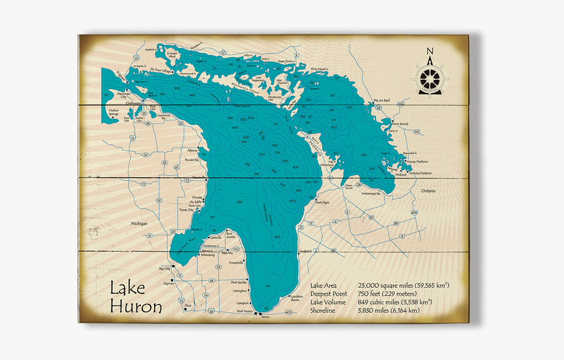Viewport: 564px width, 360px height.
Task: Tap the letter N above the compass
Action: click(430, 52)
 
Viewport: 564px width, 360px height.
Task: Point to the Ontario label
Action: click(428, 190)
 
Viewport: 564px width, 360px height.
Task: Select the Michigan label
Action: click(139, 223)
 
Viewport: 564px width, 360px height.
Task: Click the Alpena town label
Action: click(191, 150)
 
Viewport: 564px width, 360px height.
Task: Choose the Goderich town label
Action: click(306, 250)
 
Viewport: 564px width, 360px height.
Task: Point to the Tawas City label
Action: click(186, 210)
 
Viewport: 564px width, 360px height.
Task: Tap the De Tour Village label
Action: click(161, 70)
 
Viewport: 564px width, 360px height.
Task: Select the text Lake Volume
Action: click(329, 302)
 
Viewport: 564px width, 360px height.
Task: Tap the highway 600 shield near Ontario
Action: click(414, 212)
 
